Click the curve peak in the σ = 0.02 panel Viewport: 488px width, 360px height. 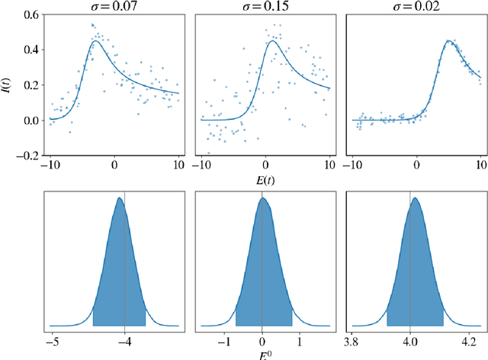pos(450,40)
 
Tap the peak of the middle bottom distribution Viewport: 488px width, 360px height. pos(262,198)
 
